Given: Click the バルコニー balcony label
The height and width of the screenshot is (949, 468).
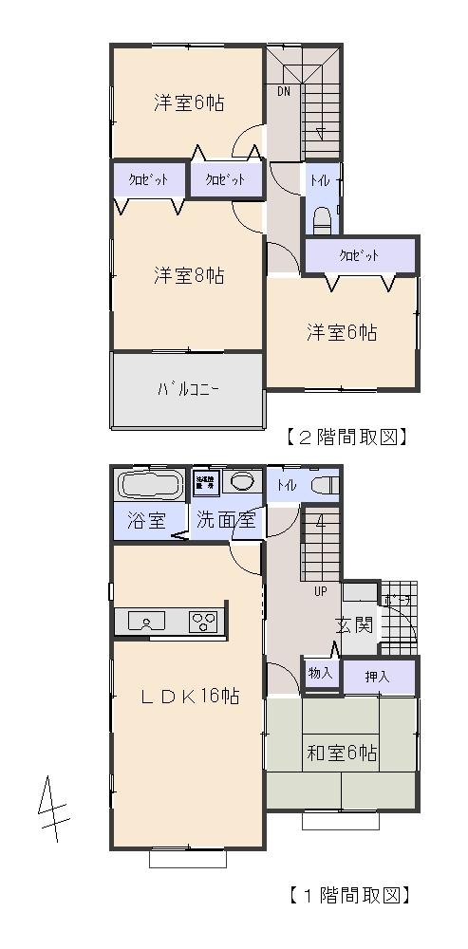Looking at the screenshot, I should pyautogui.click(x=188, y=389).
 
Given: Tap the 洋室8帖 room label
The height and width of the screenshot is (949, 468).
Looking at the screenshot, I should pyautogui.click(x=189, y=276).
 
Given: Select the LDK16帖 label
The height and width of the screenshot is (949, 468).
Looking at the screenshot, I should pyautogui.click(x=189, y=697).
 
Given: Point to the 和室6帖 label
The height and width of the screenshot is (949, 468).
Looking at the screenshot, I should pyautogui.click(x=341, y=754).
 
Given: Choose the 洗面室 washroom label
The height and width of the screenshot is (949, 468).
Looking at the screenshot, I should pyautogui.click(x=226, y=520).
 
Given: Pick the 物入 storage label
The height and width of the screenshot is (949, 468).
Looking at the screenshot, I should pyautogui.click(x=321, y=673).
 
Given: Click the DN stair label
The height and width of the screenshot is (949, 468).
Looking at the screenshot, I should pyautogui.click(x=284, y=92).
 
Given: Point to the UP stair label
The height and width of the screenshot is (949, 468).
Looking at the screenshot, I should pyautogui.click(x=321, y=590).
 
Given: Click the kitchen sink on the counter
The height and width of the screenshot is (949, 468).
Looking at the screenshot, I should pyautogui.click(x=151, y=623).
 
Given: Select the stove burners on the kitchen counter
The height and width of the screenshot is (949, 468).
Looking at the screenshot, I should pyautogui.click(x=203, y=623).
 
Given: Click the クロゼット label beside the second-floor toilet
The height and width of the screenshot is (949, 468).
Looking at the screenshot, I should pyautogui.click(x=359, y=255).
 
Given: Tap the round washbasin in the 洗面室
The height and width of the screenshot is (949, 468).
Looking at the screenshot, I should pyautogui.click(x=244, y=481).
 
